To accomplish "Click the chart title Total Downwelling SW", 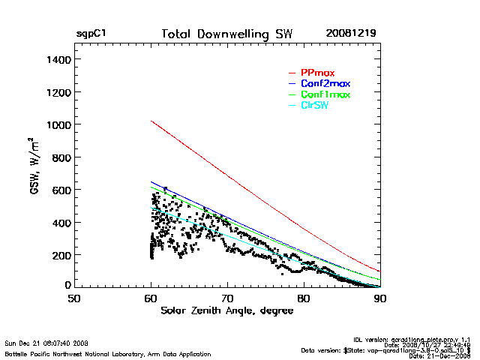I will click(227, 34).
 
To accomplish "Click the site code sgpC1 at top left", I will click(91, 34).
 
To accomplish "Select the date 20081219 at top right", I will click(351, 34).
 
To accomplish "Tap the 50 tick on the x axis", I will click(74, 298).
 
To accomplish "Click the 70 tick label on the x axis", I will click(227, 298).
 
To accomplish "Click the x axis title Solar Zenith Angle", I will click(227, 310).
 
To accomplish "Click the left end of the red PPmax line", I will click(151, 121).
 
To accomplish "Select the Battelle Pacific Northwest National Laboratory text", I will click(107, 353).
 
